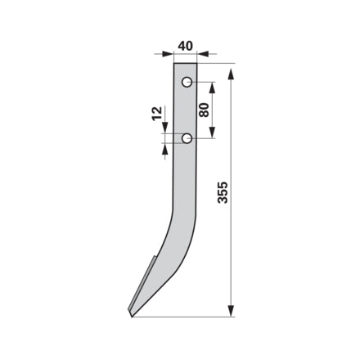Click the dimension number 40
(x=185, y=46)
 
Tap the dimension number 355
(x=223, y=192)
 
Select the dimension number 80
(x=204, y=110)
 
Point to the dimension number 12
(x=157, y=114)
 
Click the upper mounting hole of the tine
(x=187, y=82)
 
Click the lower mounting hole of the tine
(x=187, y=138)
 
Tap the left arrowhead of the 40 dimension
(x=168, y=54)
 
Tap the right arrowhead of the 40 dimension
(x=203, y=54)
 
